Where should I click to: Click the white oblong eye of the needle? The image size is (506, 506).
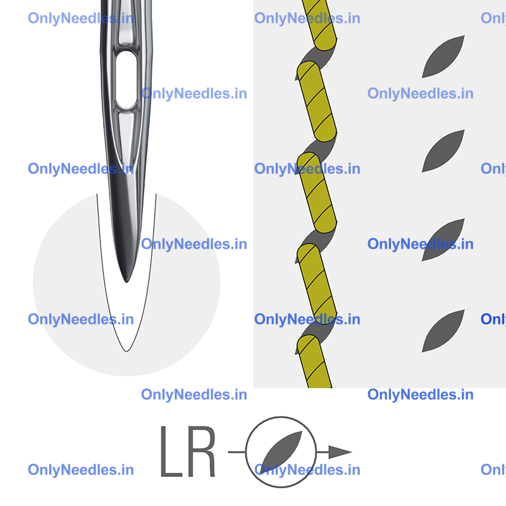[x=126, y=79]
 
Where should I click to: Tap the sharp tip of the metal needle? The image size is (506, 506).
[x=126, y=282]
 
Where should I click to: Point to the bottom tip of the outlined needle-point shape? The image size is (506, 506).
[x=126, y=351]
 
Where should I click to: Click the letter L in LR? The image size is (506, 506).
[x=171, y=451]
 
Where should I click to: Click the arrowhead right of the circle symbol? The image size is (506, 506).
[x=340, y=452]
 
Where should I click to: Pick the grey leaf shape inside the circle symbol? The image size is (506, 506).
[x=281, y=451]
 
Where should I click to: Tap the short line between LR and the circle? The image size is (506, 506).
[x=237, y=452]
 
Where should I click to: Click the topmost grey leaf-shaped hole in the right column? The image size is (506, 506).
[x=443, y=57]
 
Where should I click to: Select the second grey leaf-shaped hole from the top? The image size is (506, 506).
[x=443, y=151]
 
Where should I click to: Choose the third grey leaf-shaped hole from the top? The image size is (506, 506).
[x=443, y=240]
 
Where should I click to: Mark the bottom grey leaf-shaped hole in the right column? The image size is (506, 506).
[x=443, y=331]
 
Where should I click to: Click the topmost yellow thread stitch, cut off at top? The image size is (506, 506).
[x=320, y=24]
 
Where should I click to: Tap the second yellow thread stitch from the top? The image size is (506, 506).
[x=317, y=102]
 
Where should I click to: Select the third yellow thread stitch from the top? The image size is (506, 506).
[x=317, y=193]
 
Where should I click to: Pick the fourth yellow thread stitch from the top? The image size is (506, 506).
[x=317, y=284]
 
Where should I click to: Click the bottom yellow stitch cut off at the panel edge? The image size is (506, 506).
[x=314, y=361]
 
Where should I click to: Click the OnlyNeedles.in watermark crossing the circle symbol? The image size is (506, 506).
[x=307, y=470]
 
